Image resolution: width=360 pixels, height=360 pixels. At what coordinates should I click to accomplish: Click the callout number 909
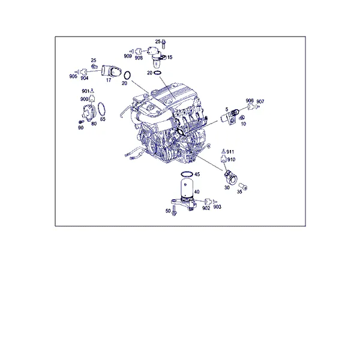point(128,56)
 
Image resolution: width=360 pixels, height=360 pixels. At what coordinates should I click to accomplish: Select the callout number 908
point(139,58)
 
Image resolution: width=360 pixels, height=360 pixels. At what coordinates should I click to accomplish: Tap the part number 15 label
point(170,57)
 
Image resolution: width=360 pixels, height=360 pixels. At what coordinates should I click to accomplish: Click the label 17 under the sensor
point(109,80)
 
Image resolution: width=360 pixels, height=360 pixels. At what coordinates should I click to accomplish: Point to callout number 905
point(73,76)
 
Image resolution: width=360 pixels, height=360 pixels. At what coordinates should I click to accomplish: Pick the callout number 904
point(84,78)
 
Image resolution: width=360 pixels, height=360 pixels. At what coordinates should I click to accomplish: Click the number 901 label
point(85,91)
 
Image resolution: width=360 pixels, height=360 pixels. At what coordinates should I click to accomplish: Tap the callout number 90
point(80,128)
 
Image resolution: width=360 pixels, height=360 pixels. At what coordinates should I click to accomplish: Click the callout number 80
point(94,124)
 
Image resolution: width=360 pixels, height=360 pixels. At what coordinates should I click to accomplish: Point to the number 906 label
point(250,101)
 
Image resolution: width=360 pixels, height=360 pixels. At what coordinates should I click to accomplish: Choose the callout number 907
point(260,101)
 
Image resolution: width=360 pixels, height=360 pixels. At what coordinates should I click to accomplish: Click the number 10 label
point(244,124)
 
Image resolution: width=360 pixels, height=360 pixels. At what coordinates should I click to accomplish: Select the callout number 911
point(230,152)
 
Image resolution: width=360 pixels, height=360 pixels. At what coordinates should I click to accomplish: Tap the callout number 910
point(231,160)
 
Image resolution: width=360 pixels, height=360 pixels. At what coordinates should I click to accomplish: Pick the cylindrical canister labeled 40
point(187,188)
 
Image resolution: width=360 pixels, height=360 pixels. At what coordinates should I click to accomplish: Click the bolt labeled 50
point(174,211)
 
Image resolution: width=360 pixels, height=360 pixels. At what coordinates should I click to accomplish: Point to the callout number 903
point(217,207)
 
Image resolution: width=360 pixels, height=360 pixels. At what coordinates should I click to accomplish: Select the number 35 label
point(239,192)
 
